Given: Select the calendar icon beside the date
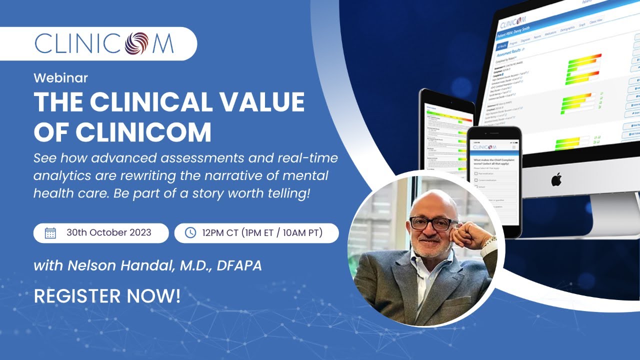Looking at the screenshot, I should (x=50, y=233).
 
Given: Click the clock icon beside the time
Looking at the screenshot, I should (x=190, y=233).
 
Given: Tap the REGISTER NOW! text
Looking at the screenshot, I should (x=107, y=296).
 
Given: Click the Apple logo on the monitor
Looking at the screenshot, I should (x=556, y=180).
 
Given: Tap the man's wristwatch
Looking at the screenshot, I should (x=490, y=243).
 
